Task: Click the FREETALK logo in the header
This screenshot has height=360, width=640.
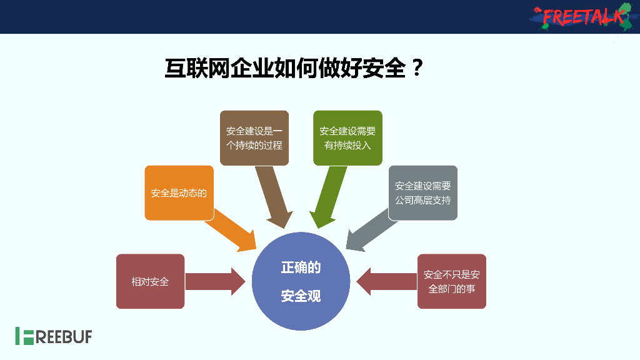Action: tap(580, 16)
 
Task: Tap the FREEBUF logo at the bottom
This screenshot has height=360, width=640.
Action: tap(54, 336)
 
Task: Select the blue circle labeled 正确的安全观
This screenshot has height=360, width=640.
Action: tap(301, 281)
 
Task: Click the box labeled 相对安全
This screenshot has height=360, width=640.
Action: tap(150, 281)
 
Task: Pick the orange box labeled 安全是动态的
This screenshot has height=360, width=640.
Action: tap(179, 193)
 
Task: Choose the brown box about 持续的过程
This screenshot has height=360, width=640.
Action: tap(254, 138)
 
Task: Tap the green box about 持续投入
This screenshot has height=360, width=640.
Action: tap(347, 138)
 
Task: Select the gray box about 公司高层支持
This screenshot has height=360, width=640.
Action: tap(422, 193)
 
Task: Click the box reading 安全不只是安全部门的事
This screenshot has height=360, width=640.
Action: tap(451, 281)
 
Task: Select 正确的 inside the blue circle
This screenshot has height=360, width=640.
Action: tap(301, 267)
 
